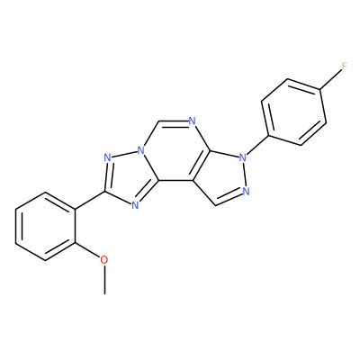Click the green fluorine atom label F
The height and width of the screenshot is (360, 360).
coord(345,66)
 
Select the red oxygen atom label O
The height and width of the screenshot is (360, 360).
coord(104,260)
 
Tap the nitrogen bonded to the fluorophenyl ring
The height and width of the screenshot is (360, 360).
coord(243,157)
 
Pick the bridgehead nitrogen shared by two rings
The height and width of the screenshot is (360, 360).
coord(140,150)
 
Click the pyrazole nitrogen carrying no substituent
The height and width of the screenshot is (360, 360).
coord(247,191)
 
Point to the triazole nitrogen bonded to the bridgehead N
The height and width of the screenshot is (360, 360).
coord(107,157)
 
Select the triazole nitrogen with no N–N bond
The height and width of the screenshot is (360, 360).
coord(135,205)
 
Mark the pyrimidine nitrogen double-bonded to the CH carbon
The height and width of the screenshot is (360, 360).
coord(193,121)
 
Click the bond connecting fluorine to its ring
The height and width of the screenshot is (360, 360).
coord(331,80)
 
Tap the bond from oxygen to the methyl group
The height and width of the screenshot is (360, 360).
coord(104,280)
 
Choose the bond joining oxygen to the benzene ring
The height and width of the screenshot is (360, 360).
coord(87,249)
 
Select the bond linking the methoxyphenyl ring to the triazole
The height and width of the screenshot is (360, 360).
coord(89,200)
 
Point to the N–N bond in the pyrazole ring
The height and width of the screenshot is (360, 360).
coord(245,174)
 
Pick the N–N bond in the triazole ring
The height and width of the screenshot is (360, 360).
coord(124,154)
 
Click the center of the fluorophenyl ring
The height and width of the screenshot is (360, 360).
coord(294,112)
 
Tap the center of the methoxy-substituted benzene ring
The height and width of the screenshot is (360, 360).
coord(45,226)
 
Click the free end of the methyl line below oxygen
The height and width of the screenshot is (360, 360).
coord(104,294)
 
